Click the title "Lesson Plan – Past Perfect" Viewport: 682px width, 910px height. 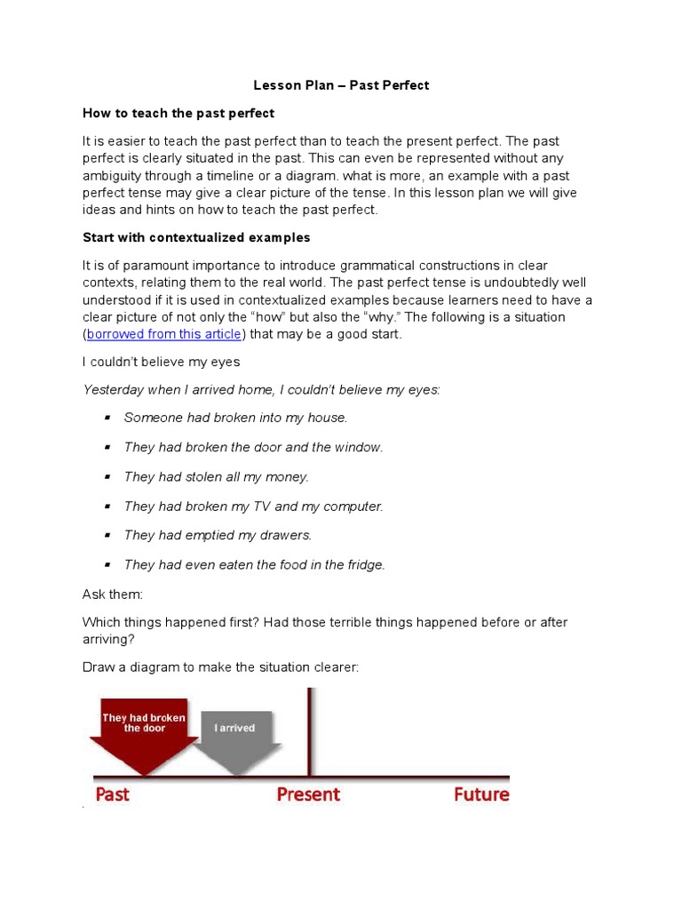coord(341,85)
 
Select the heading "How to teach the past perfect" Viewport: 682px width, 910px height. coord(178,113)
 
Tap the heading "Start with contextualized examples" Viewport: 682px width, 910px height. coord(196,237)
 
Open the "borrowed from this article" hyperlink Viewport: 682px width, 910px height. coord(164,334)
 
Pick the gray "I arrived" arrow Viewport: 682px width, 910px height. coord(235,733)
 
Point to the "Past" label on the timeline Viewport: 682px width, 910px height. coord(112,794)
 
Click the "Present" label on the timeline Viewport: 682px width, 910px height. coord(308,794)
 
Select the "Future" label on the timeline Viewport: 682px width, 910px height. coord(481,794)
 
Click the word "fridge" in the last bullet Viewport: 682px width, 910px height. coord(363,564)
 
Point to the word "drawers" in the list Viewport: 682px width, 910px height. coord(285,535)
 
